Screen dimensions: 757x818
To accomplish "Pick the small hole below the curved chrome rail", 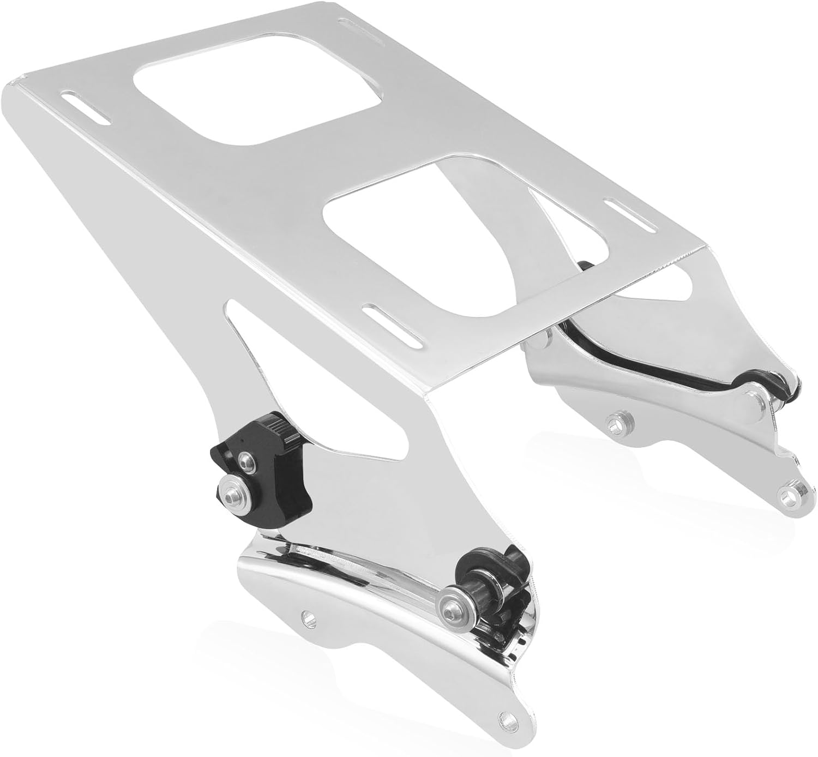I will coord(309,617).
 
